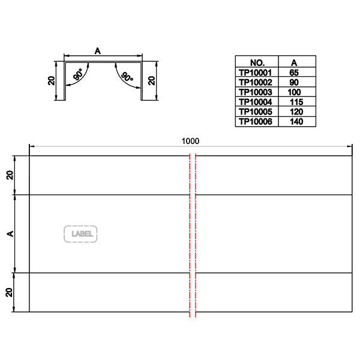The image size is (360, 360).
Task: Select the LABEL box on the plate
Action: [80, 233]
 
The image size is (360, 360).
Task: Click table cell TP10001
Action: [256, 72]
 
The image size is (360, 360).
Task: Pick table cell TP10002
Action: [256, 82]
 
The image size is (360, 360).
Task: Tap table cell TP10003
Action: [256, 92]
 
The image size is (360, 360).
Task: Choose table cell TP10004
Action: [256, 102]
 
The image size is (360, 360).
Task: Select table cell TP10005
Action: [256, 112]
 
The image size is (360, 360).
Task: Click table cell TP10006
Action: [256, 122]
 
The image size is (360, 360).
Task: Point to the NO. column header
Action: [256, 62]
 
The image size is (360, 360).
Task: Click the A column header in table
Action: [293, 62]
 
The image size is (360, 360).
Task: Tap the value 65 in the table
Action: [293, 72]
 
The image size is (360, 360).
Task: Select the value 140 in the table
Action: [293, 122]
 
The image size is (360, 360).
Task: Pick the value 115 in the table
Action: [293, 102]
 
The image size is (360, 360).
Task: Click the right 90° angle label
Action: [126, 76]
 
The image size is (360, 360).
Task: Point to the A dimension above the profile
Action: [97, 52]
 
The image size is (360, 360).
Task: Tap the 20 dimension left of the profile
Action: [52, 80]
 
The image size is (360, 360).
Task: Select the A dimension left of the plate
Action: [10, 233]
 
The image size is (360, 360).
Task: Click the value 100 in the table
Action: [293, 92]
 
